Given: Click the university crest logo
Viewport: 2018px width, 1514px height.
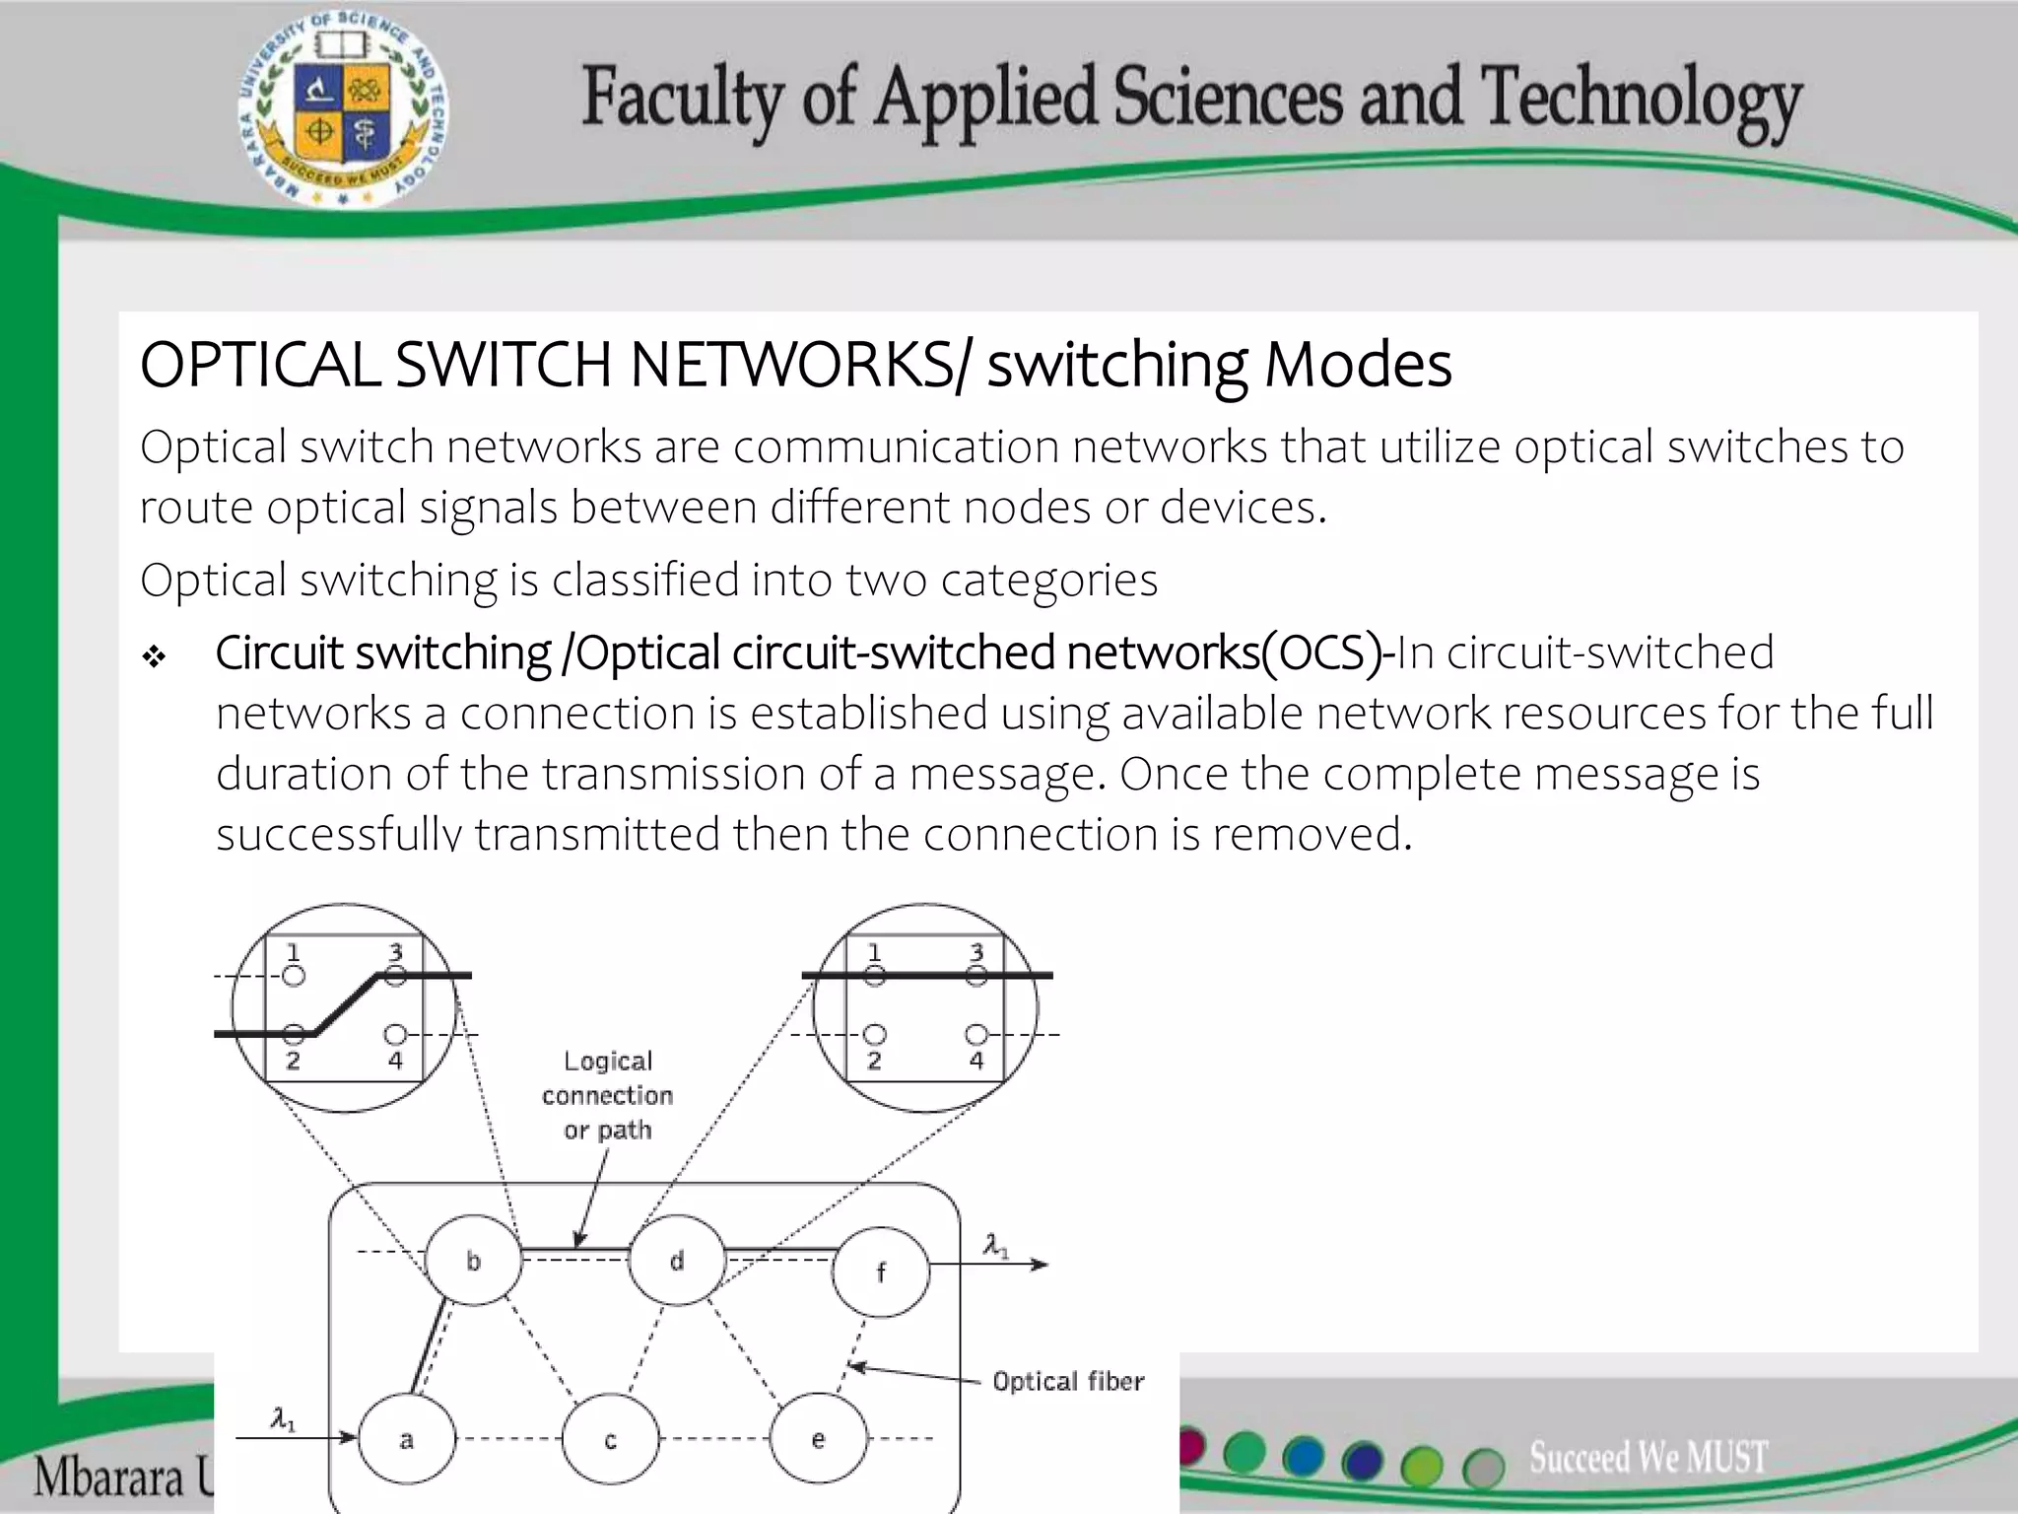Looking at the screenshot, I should (342, 109).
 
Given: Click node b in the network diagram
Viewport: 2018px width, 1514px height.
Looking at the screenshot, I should (473, 1261).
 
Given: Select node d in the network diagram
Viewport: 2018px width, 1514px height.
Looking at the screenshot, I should (677, 1261).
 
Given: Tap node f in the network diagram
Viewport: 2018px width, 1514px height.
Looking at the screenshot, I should (880, 1272).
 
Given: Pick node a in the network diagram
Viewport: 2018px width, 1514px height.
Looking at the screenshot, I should (406, 1440).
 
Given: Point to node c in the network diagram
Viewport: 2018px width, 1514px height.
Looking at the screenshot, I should (610, 1440).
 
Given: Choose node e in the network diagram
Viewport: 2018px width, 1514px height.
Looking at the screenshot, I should (818, 1440).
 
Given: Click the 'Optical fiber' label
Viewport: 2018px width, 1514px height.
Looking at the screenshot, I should (1068, 1382).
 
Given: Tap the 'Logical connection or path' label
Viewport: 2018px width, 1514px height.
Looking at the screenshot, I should (607, 1095).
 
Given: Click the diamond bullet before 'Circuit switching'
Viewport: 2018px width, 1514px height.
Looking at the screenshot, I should (154, 656).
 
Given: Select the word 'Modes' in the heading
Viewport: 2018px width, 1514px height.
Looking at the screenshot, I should (1357, 365).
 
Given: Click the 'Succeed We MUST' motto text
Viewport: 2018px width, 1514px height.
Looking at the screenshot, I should (1648, 1457).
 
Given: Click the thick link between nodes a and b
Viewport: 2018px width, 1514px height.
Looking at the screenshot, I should (428, 1346).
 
